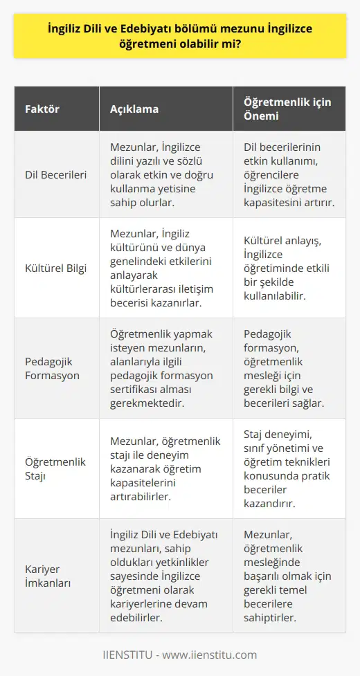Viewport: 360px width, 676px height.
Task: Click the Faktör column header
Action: coord(42,110)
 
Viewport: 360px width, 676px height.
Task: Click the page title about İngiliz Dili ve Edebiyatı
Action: coord(180,39)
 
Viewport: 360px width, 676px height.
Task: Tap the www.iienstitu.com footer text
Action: coord(180,655)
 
